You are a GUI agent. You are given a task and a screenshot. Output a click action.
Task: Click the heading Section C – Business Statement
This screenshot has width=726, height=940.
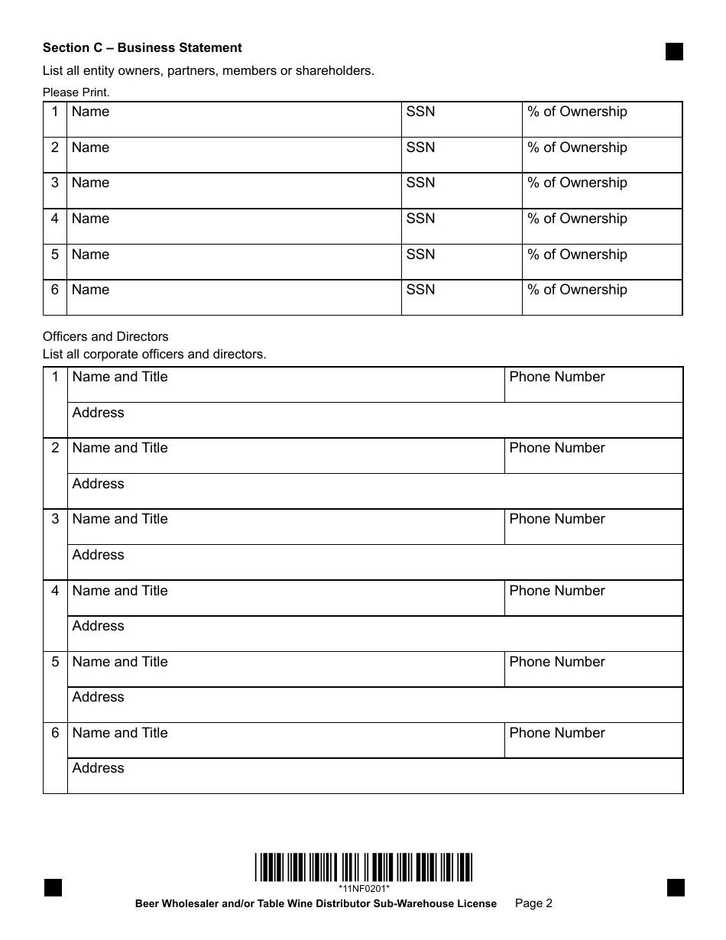pyautogui.click(x=142, y=47)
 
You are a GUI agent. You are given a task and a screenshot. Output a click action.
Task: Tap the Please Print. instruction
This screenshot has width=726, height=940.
pyautogui.click(x=76, y=92)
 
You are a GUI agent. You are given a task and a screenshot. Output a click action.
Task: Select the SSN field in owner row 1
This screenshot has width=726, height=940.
pyautogui.click(x=462, y=120)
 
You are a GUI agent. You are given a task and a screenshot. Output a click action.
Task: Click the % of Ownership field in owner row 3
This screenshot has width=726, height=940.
pyautogui.click(x=602, y=191)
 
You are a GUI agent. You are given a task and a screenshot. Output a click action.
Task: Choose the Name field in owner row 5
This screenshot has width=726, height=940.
pyautogui.click(x=234, y=262)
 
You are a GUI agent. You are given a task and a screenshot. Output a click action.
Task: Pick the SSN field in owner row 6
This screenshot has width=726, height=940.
pyautogui.click(x=462, y=297)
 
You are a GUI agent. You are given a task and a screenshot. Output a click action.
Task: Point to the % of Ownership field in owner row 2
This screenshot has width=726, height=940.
pyautogui.click(x=602, y=155)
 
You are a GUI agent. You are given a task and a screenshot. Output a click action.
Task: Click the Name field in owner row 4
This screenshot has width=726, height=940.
pyautogui.click(x=234, y=226)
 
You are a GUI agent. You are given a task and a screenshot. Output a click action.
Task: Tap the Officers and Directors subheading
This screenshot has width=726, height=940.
pyautogui.click(x=105, y=336)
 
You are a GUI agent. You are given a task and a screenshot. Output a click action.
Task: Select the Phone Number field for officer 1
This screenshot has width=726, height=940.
pyautogui.click(x=593, y=384)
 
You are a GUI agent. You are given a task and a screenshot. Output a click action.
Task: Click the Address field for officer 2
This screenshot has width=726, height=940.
pyautogui.click(x=374, y=491)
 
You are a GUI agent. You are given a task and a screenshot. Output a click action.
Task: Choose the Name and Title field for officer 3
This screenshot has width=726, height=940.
pyautogui.click(x=286, y=527)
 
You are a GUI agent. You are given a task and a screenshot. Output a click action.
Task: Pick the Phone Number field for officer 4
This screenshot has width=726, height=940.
pyautogui.click(x=593, y=598)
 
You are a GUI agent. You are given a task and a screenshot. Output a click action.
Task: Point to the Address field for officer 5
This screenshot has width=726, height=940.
pyautogui.click(x=374, y=705)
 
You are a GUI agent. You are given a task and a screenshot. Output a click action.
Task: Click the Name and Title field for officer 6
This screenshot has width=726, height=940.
pyautogui.click(x=286, y=741)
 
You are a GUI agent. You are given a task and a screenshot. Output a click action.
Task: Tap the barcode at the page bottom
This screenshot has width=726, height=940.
pyautogui.click(x=364, y=867)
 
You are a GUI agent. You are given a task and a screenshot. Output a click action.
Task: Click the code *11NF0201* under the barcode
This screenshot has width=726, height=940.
pyautogui.click(x=365, y=888)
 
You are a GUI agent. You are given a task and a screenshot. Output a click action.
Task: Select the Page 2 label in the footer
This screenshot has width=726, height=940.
pyautogui.click(x=534, y=903)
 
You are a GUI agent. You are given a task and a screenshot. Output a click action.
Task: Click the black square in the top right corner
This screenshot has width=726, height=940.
pyautogui.click(x=674, y=51)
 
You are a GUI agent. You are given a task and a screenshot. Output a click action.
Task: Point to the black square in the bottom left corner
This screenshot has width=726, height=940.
pyautogui.click(x=53, y=887)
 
